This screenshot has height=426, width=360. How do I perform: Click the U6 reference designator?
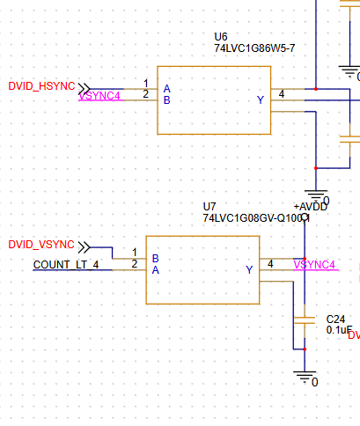pos(220,36)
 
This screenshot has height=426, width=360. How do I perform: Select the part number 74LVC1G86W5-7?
pos(254,48)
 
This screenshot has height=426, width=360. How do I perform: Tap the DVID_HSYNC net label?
pos(41,86)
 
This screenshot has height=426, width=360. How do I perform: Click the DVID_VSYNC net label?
pos(41,244)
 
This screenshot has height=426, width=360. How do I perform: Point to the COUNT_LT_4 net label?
pos(66,265)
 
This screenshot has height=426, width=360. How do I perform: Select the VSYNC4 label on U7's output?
pos(314,264)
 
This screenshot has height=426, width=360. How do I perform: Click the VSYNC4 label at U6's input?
pos(99,96)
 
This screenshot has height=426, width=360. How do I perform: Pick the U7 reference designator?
pos(209,205)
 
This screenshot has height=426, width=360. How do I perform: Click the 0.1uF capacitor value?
pos(339,330)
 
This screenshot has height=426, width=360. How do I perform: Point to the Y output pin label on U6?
pos(260,100)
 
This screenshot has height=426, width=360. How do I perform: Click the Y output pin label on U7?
pos(249,269)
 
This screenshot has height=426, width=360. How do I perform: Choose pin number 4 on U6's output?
pos(282,93)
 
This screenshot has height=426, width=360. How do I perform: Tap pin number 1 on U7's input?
pos(135,253)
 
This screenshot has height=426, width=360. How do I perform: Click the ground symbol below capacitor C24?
pos(305,376)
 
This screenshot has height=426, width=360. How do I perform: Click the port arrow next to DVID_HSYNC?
pos(84,86)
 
